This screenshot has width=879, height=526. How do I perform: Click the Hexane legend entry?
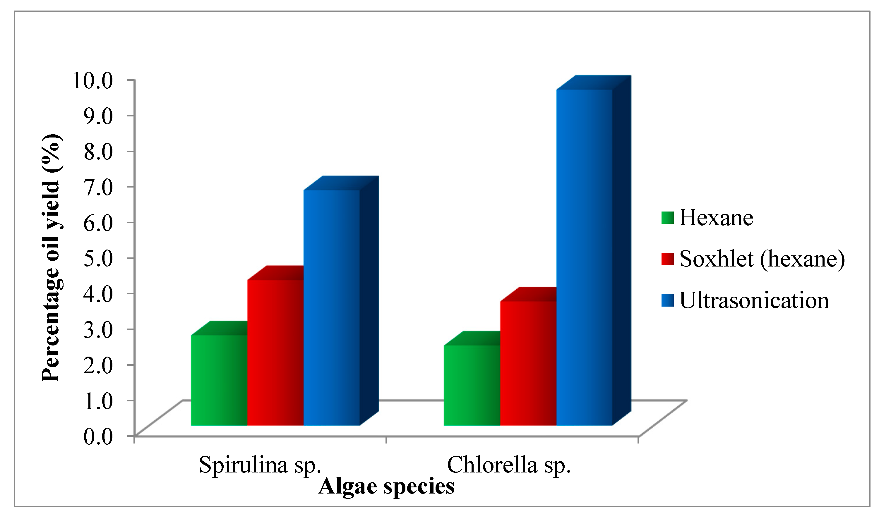716,218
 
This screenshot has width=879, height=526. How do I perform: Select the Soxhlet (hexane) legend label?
762,259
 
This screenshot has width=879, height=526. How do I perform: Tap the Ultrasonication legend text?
754,300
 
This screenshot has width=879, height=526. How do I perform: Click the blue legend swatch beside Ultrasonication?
667,300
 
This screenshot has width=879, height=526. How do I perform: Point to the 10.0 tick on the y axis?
92,80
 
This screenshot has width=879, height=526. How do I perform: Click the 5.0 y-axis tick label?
98,258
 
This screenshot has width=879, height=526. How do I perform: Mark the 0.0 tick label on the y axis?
98,436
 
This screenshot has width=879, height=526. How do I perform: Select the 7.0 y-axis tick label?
98,187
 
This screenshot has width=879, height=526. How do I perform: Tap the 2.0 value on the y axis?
98,365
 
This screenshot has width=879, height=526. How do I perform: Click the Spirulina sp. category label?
260,465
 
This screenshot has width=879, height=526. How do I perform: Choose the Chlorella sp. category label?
509,465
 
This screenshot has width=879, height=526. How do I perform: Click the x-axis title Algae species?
386,486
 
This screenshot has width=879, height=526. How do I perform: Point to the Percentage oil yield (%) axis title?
52,258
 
